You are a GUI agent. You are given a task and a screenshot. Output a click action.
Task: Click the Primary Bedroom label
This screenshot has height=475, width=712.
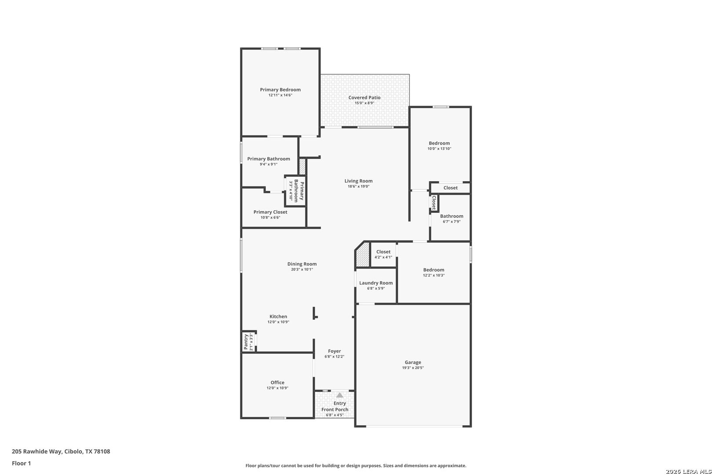click(280, 90)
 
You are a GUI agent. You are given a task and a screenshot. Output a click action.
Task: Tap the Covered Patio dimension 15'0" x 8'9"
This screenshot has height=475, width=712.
click(364, 103)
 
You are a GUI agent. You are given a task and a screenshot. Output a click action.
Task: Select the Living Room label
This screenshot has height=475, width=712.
click(358, 181)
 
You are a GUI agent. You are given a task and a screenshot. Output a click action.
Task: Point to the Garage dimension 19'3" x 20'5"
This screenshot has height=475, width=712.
click(413, 368)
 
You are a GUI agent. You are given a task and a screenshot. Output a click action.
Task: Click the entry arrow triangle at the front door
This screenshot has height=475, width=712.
click(340, 395)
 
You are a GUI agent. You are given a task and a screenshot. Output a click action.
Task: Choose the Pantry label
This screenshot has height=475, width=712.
click(246, 342)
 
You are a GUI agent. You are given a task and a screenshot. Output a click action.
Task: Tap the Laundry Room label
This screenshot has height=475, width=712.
click(376, 283)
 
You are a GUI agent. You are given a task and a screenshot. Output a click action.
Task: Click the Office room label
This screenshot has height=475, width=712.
click(277, 383)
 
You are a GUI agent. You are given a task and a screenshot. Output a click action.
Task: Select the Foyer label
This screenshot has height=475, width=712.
click(334, 351)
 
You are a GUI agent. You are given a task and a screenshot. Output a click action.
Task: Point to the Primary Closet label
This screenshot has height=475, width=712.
click(270, 212)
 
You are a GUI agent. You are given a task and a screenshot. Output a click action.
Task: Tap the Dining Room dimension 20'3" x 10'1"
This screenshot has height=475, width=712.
click(302, 270)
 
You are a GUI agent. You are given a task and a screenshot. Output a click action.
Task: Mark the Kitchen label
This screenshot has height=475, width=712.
click(278, 317)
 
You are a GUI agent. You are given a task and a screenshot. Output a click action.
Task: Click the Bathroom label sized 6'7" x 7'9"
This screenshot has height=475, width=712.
click(451, 216)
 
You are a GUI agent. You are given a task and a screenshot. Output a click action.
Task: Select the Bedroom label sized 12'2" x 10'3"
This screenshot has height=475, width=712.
click(433, 270)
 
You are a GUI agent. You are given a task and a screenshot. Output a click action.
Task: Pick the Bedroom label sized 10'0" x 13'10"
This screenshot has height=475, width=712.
click(439, 143)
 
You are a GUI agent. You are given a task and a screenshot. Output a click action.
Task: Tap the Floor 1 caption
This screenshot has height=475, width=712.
click(21, 463)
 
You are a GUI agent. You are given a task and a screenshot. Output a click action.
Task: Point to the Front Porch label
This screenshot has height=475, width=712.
click(335, 409)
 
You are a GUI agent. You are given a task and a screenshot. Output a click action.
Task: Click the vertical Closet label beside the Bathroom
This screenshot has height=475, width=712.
click(434, 202)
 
